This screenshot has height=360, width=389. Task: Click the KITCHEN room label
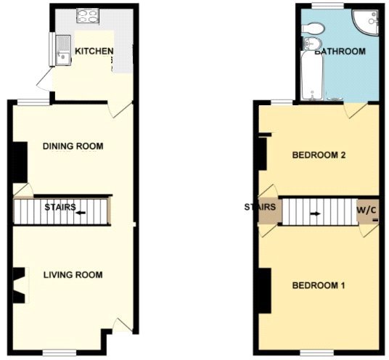[x=94, y=52]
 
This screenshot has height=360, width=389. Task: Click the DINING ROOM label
[x=73, y=147]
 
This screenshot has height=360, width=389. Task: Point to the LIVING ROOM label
[x=73, y=275]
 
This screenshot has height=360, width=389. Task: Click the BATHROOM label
[x=340, y=52]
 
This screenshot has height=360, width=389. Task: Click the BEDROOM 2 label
[x=317, y=155]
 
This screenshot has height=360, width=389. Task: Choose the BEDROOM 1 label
[x=318, y=285]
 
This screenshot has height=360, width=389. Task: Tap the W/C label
[x=367, y=210]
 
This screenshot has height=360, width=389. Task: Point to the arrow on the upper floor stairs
[x=316, y=214]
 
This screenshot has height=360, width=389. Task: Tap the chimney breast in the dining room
[x=20, y=161]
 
